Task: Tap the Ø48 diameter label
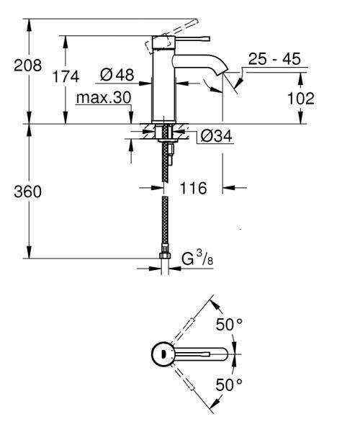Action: click(115, 73)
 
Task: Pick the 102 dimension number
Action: click(300, 98)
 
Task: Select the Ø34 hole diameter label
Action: click(215, 136)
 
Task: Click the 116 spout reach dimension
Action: click(194, 189)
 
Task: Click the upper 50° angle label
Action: click(229, 325)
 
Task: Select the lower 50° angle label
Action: click(229, 384)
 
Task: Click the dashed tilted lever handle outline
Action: click(160, 42)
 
